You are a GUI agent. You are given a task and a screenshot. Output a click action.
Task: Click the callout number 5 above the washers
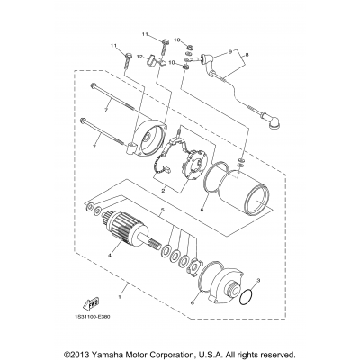[162, 237]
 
